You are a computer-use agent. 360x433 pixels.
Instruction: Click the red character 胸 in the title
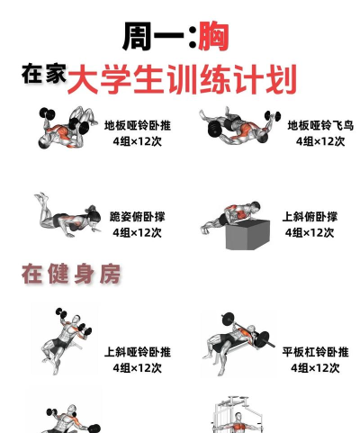[213, 37]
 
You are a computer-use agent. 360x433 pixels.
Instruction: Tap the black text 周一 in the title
[153, 37]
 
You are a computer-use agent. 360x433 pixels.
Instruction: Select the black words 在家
[44, 74]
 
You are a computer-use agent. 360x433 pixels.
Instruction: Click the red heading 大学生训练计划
[182, 79]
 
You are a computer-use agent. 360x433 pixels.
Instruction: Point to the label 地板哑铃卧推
[138, 125]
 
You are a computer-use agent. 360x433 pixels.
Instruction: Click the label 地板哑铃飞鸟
[320, 125]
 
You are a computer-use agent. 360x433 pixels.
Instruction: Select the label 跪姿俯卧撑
[138, 217]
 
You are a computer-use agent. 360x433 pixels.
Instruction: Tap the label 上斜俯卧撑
[310, 217]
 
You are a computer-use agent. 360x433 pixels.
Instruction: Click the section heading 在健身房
[71, 274]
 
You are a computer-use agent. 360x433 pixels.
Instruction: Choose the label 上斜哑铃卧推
[138, 352]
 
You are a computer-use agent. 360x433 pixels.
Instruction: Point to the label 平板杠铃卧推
[315, 352]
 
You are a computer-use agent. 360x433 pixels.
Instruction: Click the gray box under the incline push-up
[247, 235]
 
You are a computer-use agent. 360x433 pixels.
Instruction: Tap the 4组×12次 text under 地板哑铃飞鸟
[320, 141]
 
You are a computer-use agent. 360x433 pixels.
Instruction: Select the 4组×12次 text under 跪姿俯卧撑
[138, 232]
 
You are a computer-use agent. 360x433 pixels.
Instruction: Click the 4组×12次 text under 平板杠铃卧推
[315, 368]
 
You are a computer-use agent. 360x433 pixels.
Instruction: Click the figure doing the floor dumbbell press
[67, 128]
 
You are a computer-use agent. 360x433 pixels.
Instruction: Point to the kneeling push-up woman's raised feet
[42, 198]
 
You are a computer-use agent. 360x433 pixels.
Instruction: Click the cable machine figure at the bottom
[237, 414]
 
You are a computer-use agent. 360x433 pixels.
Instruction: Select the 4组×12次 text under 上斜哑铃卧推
[138, 368]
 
